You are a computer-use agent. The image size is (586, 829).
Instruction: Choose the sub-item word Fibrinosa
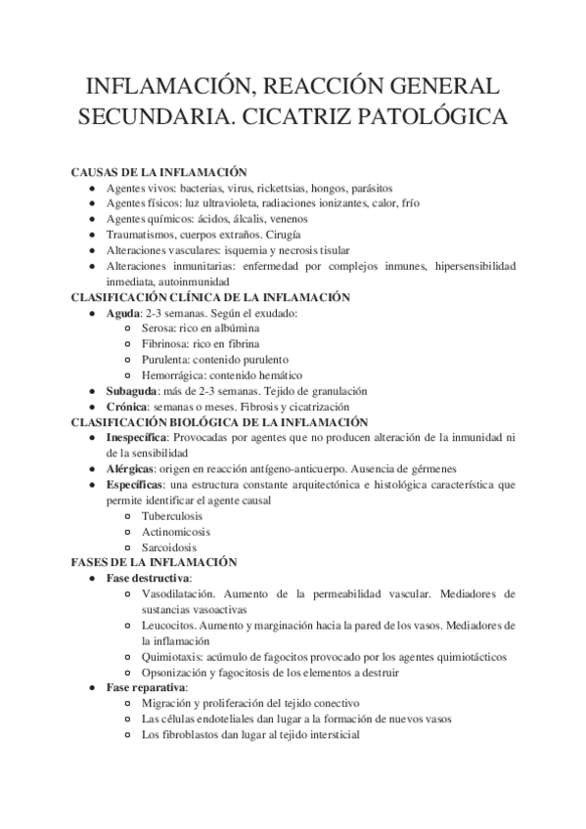(x=165, y=343)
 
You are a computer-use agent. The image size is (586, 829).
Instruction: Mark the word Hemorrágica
(x=171, y=374)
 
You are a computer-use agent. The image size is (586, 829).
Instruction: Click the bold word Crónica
(x=127, y=406)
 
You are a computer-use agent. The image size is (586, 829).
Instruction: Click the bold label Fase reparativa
(x=146, y=687)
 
